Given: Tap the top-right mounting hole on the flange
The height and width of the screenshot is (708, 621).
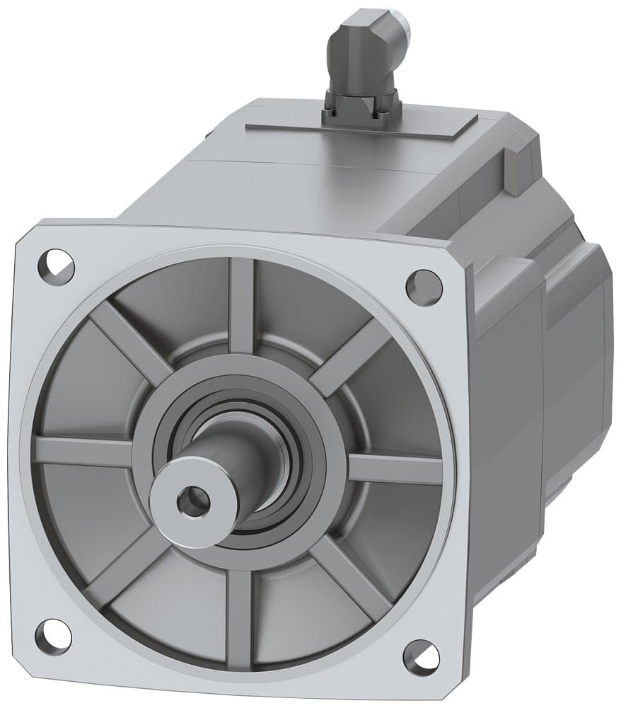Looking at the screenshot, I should [x=424, y=287].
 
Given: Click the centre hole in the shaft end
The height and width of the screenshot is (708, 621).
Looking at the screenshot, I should [x=193, y=502].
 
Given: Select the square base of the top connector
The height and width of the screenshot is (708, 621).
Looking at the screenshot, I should [x=361, y=110].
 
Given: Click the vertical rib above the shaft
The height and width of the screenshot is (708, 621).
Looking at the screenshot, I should [x=241, y=304].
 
